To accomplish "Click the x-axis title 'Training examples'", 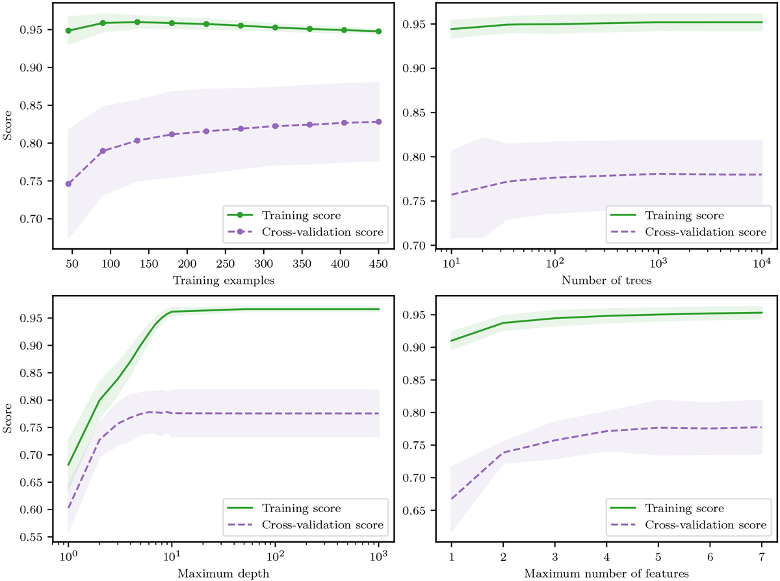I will click(x=222, y=281).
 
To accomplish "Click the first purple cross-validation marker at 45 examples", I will click(x=68, y=183).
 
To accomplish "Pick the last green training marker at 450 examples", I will click(x=378, y=31).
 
